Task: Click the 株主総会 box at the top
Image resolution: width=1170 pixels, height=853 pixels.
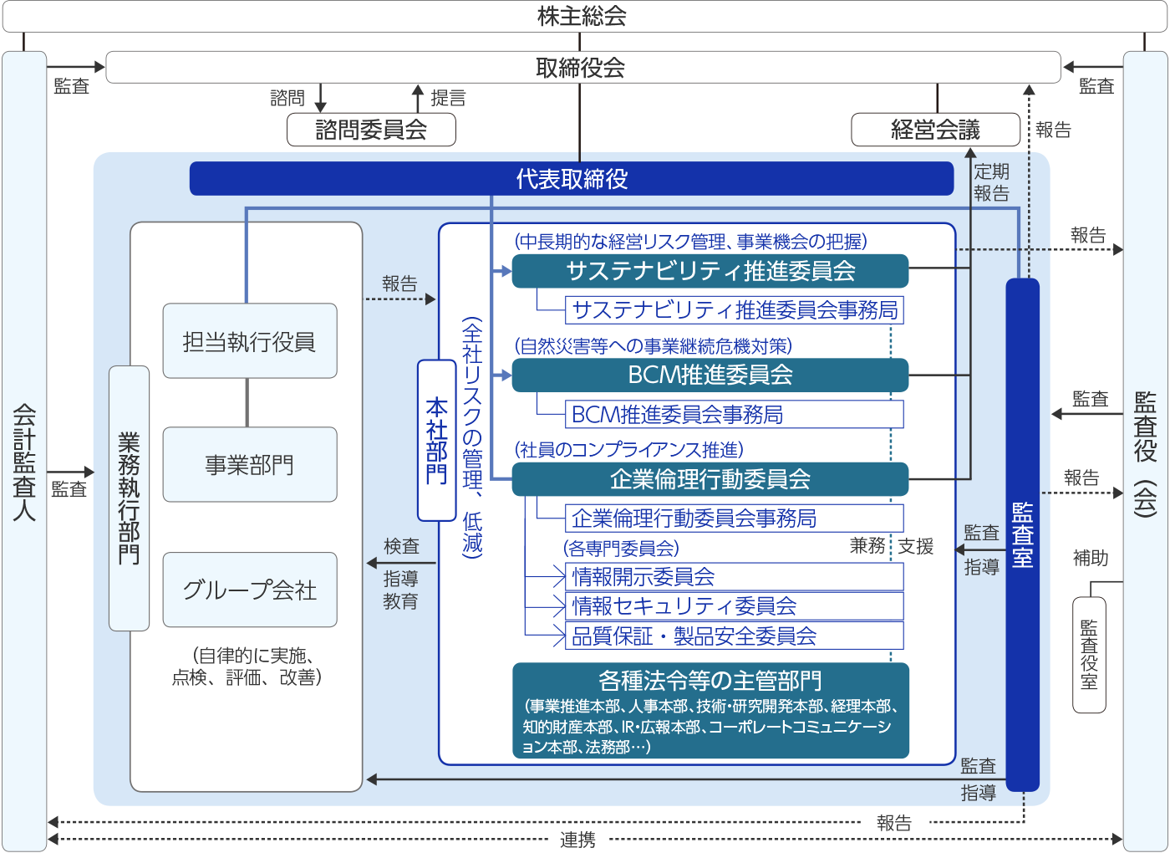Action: tap(582, 17)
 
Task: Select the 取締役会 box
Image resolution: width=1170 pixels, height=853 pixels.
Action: tap(582, 68)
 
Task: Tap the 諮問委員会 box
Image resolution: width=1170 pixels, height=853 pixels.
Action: tap(371, 130)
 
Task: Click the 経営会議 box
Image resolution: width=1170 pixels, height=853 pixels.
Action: tap(935, 130)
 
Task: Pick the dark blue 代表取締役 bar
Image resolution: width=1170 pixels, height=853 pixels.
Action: tap(572, 179)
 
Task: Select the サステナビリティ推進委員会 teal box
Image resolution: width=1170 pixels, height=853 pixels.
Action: tap(710, 271)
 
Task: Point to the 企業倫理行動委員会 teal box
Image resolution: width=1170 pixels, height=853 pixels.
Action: tap(710, 479)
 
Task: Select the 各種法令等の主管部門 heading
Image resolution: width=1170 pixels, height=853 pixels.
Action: tap(710, 680)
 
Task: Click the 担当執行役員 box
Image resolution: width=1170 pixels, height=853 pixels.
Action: tap(250, 341)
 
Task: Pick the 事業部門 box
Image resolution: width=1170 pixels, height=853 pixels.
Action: tap(250, 465)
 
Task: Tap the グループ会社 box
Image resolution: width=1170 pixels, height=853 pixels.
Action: tap(250, 590)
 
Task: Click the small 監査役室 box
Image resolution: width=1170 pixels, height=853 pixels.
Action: tap(1089, 655)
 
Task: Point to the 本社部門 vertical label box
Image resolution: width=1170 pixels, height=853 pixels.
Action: tap(436, 440)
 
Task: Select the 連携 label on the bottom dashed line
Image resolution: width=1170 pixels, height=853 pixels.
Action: tap(577, 840)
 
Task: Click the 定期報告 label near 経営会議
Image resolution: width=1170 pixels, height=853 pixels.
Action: tap(992, 182)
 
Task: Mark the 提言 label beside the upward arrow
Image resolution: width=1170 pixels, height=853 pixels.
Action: tap(448, 98)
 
